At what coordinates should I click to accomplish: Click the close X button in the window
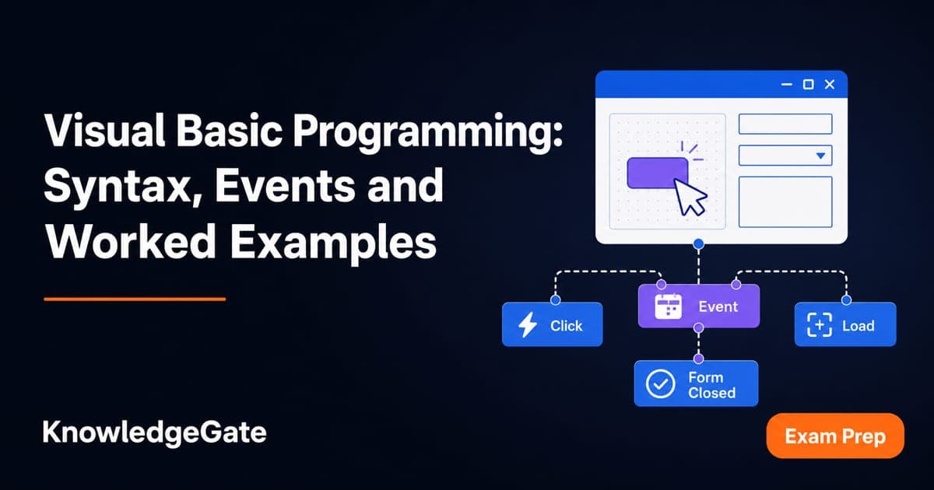830,85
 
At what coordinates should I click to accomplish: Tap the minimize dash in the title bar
786,85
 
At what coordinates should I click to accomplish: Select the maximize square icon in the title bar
808,85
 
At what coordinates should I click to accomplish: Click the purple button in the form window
658,173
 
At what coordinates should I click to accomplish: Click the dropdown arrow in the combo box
820,156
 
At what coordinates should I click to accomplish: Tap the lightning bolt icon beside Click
528,324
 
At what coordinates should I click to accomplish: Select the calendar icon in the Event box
669,306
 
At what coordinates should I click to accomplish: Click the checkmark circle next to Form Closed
661,383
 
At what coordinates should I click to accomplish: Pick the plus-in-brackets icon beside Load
820,324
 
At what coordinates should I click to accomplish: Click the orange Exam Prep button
835,436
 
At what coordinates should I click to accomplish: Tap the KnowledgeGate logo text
154,433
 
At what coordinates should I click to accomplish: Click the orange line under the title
135,299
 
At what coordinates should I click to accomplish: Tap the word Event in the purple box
718,306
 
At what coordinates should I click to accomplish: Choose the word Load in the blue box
858,325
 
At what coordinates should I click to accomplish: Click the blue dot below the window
699,243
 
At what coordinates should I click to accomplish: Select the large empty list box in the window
785,201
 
